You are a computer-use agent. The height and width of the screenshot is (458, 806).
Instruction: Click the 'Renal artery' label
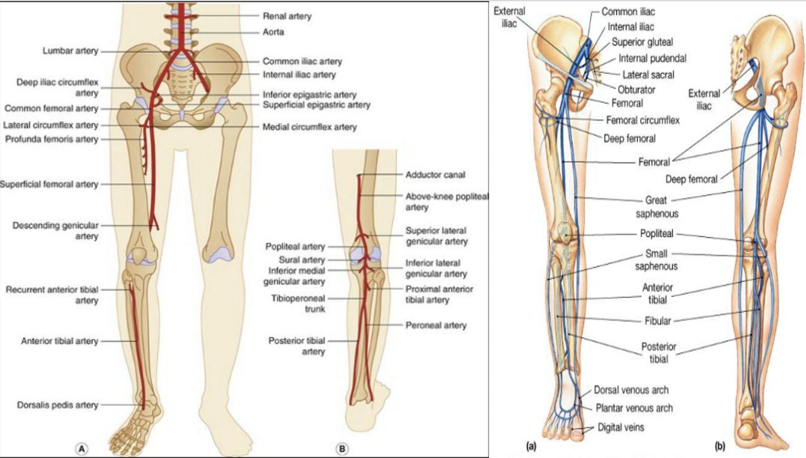pos(287,16)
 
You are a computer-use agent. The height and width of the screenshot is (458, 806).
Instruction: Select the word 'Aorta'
pos(274,32)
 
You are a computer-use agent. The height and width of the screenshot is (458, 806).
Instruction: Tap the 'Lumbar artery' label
pos(70,51)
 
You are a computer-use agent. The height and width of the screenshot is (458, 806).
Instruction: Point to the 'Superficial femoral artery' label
pos(49,184)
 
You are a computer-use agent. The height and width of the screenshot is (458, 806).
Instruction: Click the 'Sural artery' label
pos(302,260)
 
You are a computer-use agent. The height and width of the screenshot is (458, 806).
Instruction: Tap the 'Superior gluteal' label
pos(641,42)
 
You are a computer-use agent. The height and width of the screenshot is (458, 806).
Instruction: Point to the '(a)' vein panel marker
pos(532,446)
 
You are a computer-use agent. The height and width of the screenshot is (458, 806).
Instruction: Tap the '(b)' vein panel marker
pos(721,446)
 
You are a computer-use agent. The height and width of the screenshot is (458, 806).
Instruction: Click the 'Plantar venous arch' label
pos(633,408)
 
